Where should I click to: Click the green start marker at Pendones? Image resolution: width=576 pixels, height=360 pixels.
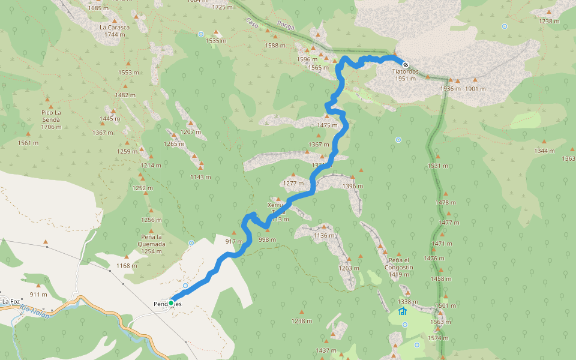171,303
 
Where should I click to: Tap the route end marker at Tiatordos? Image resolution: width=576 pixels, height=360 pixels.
406,65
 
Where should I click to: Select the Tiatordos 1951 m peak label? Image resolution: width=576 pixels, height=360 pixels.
406,75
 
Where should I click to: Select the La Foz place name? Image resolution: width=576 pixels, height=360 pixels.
11,301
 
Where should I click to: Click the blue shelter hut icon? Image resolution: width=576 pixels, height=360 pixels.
402,311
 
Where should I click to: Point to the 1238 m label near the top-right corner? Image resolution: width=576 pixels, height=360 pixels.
548,21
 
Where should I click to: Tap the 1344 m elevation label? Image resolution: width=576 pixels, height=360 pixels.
544,151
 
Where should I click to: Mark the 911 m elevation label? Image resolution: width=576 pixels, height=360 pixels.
38,295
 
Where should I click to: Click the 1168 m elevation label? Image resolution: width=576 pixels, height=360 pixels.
127,266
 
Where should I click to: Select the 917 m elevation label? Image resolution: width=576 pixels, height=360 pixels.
234,241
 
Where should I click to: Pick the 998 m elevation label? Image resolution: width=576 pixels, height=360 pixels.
267,239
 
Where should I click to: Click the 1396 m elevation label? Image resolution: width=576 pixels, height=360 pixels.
352,186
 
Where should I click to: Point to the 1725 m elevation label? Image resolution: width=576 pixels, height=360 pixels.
222,7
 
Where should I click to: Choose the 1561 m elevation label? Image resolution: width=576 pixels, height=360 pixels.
28,143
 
